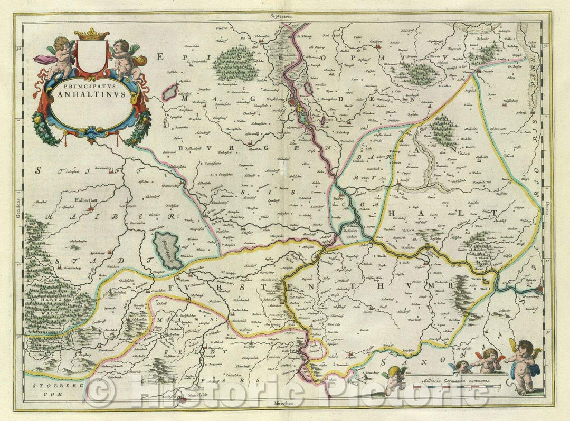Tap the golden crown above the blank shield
(91, 35)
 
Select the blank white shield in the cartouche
(91, 56)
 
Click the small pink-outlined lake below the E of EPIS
(170, 92)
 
